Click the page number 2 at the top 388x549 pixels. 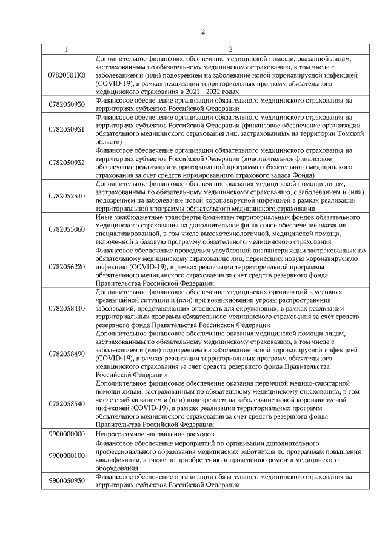(203, 32)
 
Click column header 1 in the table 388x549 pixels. (67, 49)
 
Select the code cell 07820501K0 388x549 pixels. (67, 75)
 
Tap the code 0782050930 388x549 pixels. (67, 104)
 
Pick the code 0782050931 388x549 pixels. (67, 129)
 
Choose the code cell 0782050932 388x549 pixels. (67, 162)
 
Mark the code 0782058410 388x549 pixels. (67, 308)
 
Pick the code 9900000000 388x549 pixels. (67, 434)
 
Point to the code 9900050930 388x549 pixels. (67, 480)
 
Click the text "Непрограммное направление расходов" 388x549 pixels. (155, 434)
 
